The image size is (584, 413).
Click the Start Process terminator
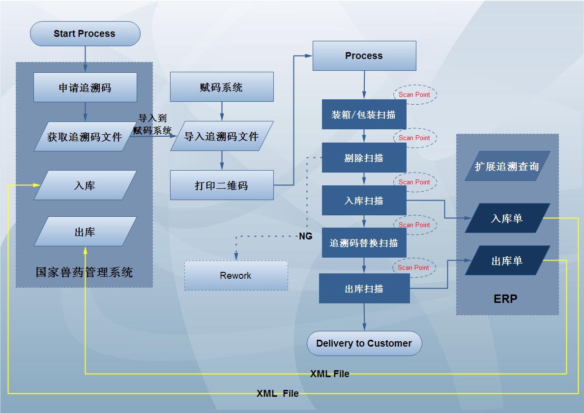(x=85, y=33)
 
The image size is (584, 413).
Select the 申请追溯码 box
(x=85, y=88)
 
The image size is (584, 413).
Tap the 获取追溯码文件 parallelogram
(x=85, y=137)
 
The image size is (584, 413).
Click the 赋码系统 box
(x=222, y=87)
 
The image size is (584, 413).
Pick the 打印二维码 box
(x=222, y=185)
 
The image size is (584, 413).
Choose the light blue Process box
(x=364, y=56)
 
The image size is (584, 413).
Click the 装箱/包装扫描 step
(x=364, y=115)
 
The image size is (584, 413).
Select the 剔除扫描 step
(x=364, y=158)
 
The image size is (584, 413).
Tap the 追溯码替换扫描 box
(x=364, y=243)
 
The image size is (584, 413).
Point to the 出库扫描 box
(x=364, y=289)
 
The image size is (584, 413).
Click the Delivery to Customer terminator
(x=364, y=343)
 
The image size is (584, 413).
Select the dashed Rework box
(x=236, y=275)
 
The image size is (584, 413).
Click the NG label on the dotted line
(x=306, y=236)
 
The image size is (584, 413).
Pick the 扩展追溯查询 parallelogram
(x=507, y=166)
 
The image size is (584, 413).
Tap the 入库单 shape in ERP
(x=507, y=218)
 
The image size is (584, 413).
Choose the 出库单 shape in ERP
(x=507, y=261)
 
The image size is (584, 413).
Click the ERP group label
(x=505, y=298)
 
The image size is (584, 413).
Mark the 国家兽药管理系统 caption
(x=84, y=272)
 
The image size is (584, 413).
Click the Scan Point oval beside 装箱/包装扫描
(x=414, y=94)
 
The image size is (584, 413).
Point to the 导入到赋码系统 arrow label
(x=152, y=124)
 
